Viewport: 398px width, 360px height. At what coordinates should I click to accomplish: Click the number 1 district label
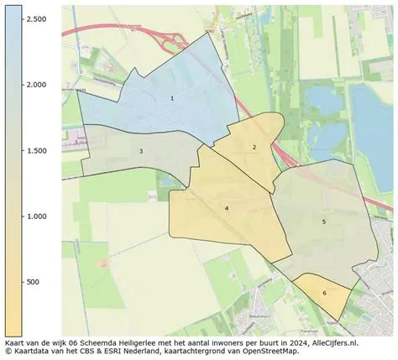pos(172,98)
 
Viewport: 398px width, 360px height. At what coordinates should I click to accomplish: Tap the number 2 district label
pos(254,147)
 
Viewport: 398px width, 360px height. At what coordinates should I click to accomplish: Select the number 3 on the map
pos(141,151)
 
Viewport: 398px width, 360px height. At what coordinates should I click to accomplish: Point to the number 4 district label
pos(227,207)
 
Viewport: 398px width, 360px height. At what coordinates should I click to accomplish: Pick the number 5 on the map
pos(323,222)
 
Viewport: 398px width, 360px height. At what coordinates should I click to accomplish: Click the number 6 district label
pos(324,293)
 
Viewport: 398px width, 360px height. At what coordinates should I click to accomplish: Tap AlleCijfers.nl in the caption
pos(334,343)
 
